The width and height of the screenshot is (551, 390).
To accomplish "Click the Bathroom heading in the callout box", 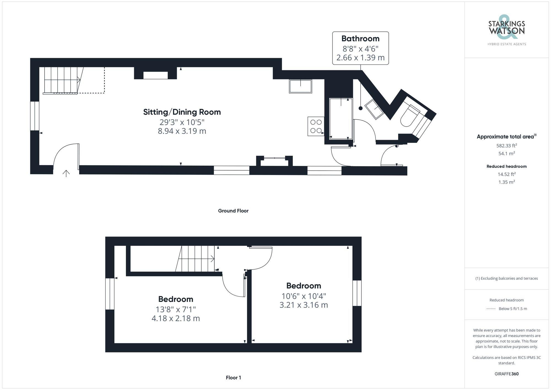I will (360, 39).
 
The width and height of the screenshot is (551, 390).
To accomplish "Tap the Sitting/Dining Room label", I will (182, 112).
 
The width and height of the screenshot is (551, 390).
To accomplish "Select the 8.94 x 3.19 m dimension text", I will (182, 131).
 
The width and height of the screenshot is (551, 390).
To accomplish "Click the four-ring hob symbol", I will (316, 126).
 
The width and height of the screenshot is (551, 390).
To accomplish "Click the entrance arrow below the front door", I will (66, 173).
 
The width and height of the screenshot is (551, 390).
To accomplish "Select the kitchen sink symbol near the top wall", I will (300, 86).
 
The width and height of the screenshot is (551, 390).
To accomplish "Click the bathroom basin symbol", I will (374, 109).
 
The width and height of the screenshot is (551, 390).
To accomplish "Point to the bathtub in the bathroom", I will (341, 119).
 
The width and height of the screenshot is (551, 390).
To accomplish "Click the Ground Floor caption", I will (233, 211).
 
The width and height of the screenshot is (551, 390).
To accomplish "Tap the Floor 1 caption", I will (233, 378).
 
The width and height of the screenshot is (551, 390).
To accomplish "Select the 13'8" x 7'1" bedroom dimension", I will (175, 310).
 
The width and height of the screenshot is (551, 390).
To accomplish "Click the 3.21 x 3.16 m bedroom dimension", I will (304, 305).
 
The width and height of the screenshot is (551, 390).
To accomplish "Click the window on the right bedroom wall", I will (357, 293).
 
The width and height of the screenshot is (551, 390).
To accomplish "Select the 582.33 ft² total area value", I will (506, 146).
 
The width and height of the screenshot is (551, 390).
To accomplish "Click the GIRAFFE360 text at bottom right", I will (506, 374).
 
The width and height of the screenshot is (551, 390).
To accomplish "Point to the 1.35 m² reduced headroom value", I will (506, 182).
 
